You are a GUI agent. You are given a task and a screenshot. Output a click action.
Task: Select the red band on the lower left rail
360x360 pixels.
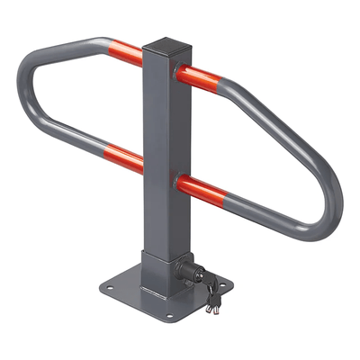pyautogui.click(x=124, y=157)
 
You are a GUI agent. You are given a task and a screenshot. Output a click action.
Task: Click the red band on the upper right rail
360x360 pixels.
pyautogui.click(x=200, y=77)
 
